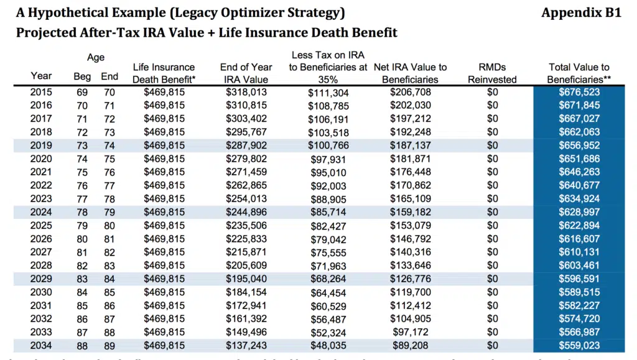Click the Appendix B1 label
pos(582,12)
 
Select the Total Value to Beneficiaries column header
pos(579,73)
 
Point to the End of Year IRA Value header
pos(246,73)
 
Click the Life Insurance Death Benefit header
pos(164,73)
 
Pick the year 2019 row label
pos(41,144)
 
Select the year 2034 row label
pos(41,346)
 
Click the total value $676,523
pos(579,91)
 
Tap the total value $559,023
pos(579,346)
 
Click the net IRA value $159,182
pos(411,212)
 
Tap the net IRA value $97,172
pos(411,333)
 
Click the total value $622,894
pos(579,225)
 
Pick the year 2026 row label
pos(41,238)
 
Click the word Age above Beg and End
pos(96,57)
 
